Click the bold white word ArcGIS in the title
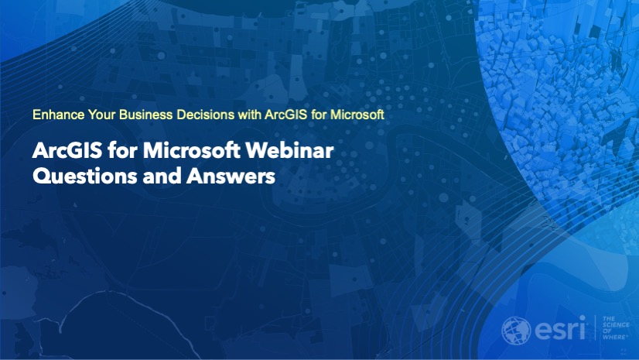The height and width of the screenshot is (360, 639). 67,150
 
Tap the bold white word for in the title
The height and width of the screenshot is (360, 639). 123,150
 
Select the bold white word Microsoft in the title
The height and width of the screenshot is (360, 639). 192,150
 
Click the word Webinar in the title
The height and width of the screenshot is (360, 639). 290,150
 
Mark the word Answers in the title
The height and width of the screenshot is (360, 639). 231,176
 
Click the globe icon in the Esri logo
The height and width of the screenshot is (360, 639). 516,331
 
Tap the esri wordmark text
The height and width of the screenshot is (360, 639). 560,328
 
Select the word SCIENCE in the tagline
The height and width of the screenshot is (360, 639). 616,325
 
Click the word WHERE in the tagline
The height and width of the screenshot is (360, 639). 615,338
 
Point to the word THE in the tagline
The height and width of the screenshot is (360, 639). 610,319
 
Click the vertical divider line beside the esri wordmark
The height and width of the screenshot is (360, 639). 595,327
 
